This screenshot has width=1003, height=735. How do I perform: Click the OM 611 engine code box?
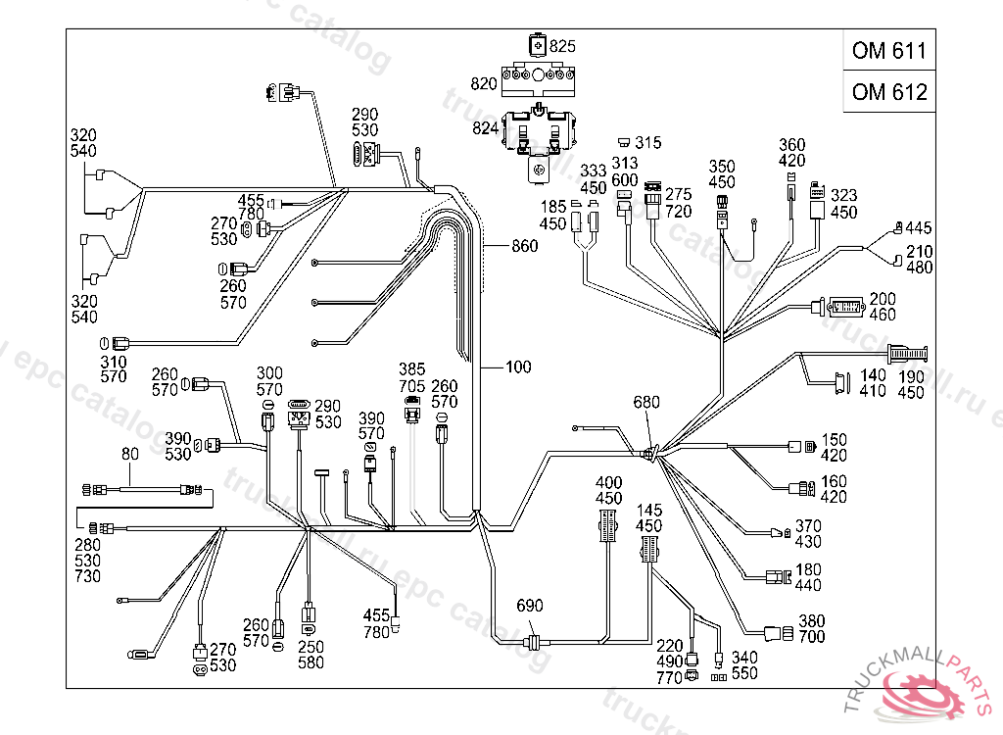pyautogui.click(x=888, y=51)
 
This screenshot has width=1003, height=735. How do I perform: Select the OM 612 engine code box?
pyautogui.click(x=888, y=92)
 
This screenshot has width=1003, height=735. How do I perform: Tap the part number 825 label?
pyautogui.click(x=563, y=45)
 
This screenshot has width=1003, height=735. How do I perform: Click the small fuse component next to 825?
pyautogui.click(x=537, y=45)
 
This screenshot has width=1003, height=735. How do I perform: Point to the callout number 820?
pyautogui.click(x=484, y=84)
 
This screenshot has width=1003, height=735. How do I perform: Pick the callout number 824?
pyautogui.click(x=486, y=127)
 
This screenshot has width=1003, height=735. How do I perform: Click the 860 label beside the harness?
pyautogui.click(x=525, y=246)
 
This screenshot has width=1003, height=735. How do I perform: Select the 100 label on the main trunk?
pyautogui.click(x=518, y=367)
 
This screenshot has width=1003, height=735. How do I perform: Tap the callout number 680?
pyautogui.click(x=647, y=402)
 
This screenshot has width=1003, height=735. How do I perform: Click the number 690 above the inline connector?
pyautogui.click(x=529, y=606)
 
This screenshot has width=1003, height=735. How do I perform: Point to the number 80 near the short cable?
pyautogui.click(x=130, y=454)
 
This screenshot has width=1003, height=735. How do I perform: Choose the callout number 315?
pyautogui.click(x=648, y=143)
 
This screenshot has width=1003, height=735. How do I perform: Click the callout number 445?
pyautogui.click(x=919, y=228)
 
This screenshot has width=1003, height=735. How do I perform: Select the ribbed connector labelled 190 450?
pyautogui.click(x=907, y=354)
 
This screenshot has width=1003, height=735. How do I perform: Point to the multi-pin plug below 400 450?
pyautogui.click(x=608, y=529)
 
